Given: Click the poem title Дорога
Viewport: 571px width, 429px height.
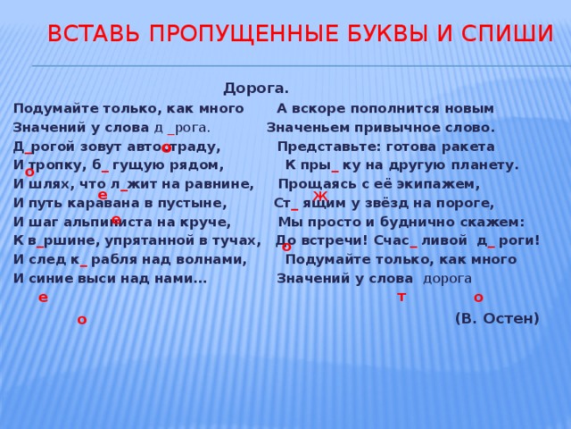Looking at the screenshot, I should [x=255, y=88].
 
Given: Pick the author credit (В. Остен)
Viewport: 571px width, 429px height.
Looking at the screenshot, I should [x=496, y=317].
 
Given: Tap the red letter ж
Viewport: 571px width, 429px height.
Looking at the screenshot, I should [x=320, y=196].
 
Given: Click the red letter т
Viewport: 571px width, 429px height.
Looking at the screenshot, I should [x=401, y=296].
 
